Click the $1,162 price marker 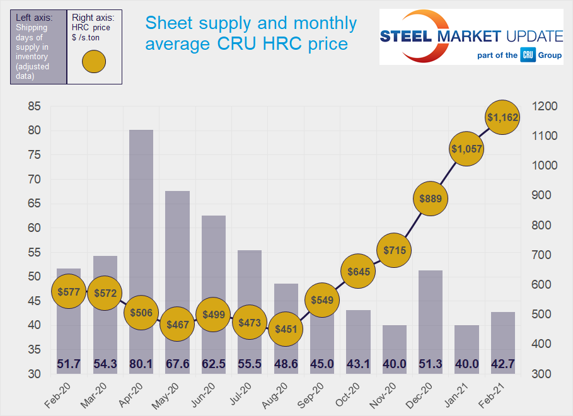pos(502,117)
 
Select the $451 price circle pos(286,328)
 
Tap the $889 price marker pos(429,199)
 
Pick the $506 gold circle pos(141,313)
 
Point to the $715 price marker pos(395,250)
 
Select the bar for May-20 pos(178,265)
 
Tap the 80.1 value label pos(142,364)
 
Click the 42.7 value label pos(502,364)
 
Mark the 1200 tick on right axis pos(545,107)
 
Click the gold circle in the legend pos(94,61)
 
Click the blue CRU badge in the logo pos(528,55)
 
